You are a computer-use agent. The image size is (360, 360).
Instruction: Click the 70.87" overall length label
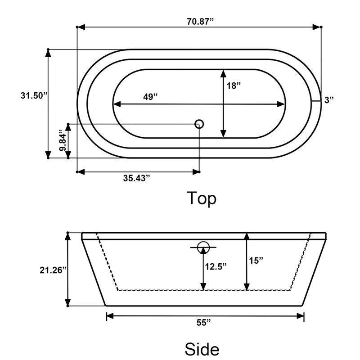(200, 22)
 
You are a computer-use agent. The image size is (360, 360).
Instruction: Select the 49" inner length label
(150, 97)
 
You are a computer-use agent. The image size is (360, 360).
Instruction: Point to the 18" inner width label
(234, 86)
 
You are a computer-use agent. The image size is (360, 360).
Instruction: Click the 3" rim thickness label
(329, 100)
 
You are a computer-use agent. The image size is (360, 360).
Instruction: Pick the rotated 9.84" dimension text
(63, 140)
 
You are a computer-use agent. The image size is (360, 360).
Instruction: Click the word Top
(202, 198)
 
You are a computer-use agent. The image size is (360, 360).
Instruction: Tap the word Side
(202, 349)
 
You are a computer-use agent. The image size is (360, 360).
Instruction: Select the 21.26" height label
(53, 270)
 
